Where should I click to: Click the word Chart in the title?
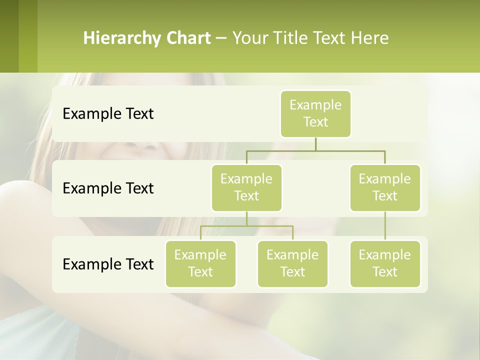[x=188, y=38]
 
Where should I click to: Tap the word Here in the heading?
[x=370, y=38]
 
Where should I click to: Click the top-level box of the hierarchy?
[x=315, y=113]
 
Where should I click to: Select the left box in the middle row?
[x=246, y=187]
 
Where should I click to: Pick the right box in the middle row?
[x=385, y=187]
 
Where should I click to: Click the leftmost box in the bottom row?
[x=200, y=263]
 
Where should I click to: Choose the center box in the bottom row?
[x=292, y=263]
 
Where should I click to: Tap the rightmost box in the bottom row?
[x=385, y=263]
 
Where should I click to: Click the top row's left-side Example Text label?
[x=108, y=114]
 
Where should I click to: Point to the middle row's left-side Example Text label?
[x=108, y=188]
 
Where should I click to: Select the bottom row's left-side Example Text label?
[x=108, y=264]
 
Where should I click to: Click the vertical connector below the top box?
[x=315, y=144]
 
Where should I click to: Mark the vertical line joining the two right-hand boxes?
[x=385, y=226]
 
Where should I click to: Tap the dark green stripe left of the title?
[x=9, y=36]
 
